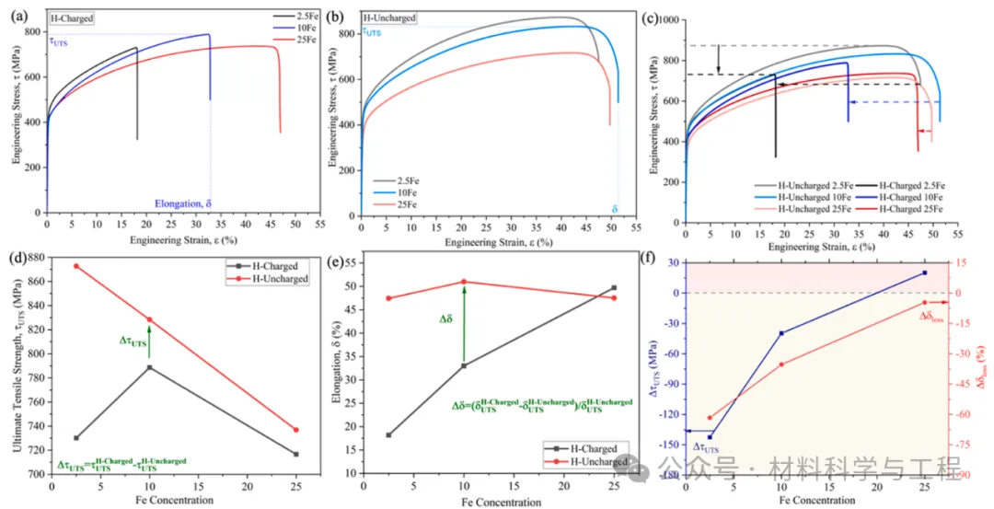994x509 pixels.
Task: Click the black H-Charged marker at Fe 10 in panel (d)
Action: tap(149, 367)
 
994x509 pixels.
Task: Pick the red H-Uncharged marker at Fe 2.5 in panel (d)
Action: tap(75, 266)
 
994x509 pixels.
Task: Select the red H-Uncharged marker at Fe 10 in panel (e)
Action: tap(463, 282)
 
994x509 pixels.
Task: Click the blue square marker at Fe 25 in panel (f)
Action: tap(924, 272)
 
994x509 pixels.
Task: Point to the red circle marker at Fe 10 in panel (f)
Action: tap(781, 364)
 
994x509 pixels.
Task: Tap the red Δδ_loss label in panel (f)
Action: tap(932, 316)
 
